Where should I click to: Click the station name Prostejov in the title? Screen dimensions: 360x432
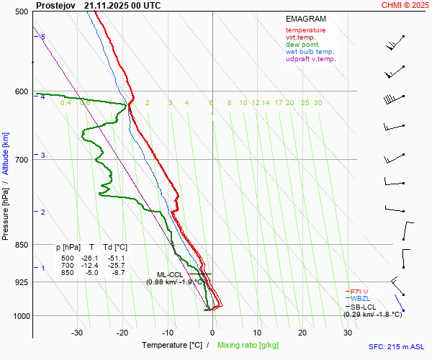[x=55, y=5]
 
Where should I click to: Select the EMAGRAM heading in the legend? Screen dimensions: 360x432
[x=306, y=19]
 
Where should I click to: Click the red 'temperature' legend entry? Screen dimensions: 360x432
[x=305, y=30]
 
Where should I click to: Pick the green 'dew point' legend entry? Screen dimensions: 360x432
[x=302, y=45]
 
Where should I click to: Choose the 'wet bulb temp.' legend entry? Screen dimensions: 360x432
[x=310, y=52]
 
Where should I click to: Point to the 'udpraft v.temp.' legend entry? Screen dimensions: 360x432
[x=310, y=59]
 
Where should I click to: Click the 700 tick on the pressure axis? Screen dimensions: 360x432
[x=21, y=159]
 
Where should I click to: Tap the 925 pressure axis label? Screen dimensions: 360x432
[x=21, y=282]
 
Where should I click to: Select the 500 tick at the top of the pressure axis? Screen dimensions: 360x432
[x=21, y=12]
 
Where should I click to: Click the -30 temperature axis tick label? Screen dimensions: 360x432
[x=77, y=333]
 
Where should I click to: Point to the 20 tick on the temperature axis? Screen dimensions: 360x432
[x=302, y=333]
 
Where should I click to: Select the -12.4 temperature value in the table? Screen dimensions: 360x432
[x=91, y=266]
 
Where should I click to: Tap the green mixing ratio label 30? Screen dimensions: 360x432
[x=318, y=103]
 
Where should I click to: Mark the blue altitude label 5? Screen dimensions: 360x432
[x=42, y=37]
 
